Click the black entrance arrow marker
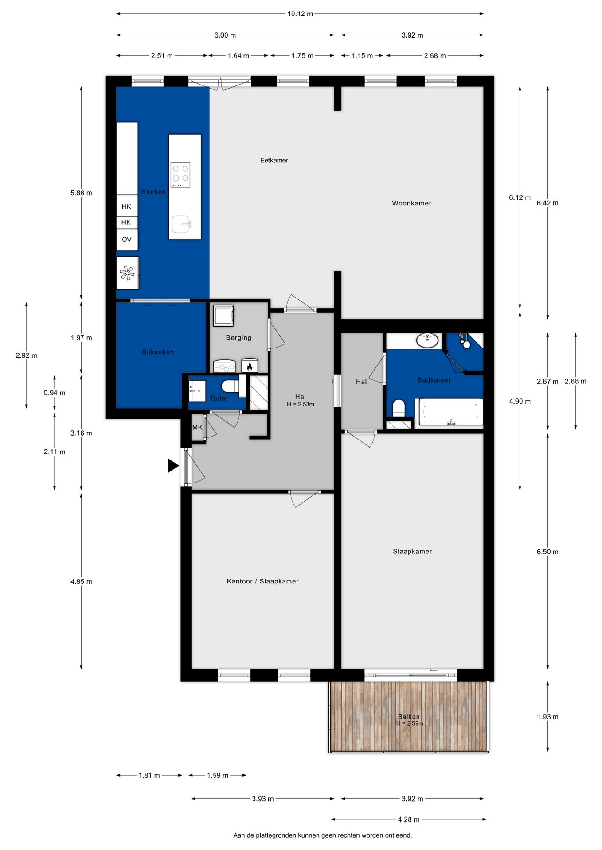point(172,466)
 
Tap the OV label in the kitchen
point(127,240)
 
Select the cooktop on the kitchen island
point(180,175)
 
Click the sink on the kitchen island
point(182,224)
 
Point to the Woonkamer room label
point(411,203)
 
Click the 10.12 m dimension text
point(300,14)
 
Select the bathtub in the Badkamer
point(451,412)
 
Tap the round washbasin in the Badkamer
point(427,340)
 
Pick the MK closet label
point(197,427)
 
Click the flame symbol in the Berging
point(250,366)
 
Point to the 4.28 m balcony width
point(408,819)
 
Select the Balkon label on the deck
point(409,716)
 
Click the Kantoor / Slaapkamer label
point(262,581)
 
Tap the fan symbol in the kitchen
point(127,273)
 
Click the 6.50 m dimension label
point(547,552)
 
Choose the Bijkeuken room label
point(158,352)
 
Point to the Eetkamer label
point(274,160)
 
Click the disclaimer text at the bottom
point(322,835)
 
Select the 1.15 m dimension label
point(362,56)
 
